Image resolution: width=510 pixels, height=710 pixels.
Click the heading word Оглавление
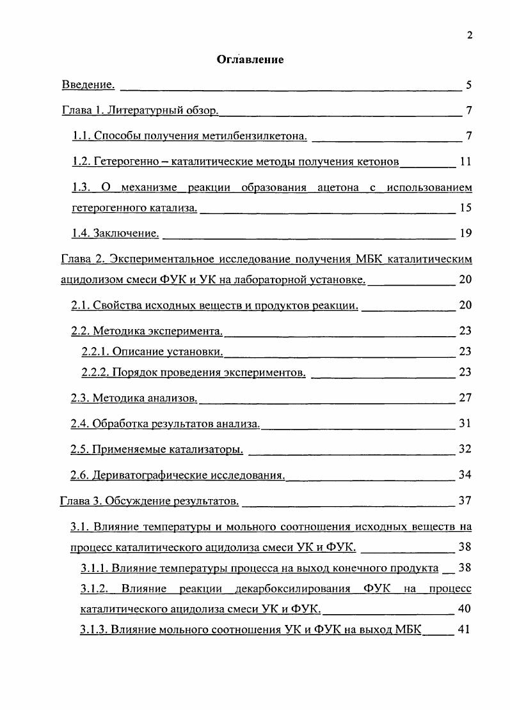(250, 59)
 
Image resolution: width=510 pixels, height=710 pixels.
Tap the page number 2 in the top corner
(470, 35)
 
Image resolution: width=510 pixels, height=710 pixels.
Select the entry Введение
(88, 85)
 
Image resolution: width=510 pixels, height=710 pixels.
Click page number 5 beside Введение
(469, 85)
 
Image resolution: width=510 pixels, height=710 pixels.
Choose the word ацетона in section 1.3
(340, 188)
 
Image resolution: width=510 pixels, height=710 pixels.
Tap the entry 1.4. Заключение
(115, 233)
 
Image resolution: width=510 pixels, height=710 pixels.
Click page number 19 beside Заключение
(465, 233)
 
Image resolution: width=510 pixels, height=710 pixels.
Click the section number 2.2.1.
(97, 351)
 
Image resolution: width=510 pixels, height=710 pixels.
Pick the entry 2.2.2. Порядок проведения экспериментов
(194, 372)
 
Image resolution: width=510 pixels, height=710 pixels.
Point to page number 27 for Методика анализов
(465, 397)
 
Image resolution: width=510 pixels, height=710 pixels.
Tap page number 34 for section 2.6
(465, 475)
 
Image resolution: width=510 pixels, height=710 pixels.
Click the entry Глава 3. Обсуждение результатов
(150, 500)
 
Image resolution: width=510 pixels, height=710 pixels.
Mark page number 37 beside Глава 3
(465, 500)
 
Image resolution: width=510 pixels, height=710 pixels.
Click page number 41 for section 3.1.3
(465, 629)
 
